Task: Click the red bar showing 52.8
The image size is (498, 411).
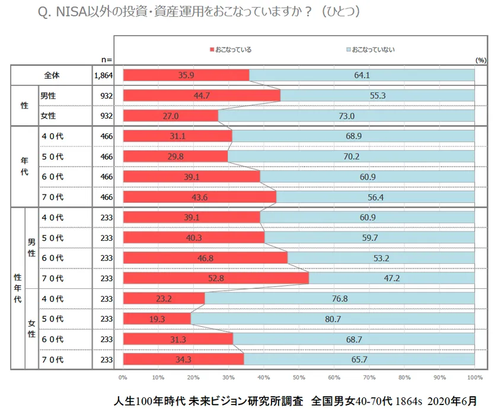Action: click(x=216, y=278)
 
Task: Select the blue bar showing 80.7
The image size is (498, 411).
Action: click(x=332, y=318)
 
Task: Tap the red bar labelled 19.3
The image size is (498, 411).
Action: click(x=157, y=318)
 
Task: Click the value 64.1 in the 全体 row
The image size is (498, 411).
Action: click(x=362, y=75)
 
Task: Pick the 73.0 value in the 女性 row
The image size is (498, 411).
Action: click(x=346, y=116)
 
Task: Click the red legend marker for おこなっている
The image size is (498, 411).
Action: click(x=212, y=50)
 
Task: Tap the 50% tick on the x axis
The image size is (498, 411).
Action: click(x=299, y=377)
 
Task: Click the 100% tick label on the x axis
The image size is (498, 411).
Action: click(x=474, y=377)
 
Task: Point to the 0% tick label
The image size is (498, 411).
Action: click(x=123, y=377)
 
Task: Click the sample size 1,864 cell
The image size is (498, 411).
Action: click(x=103, y=75)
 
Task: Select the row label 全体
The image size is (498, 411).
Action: click(x=52, y=75)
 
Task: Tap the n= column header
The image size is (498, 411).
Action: click(x=106, y=59)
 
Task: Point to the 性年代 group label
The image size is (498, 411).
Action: click(x=17, y=288)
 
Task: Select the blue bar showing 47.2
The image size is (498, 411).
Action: click(x=391, y=278)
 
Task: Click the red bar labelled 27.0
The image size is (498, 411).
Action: click(x=171, y=116)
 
